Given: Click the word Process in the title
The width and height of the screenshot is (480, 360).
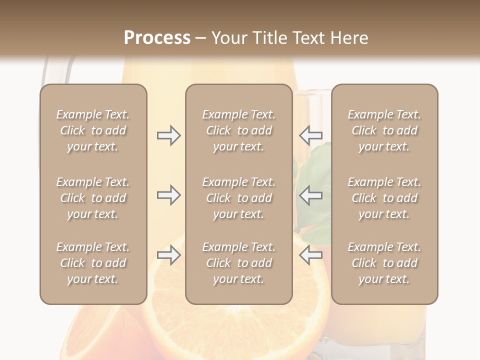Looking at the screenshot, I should pos(157,38).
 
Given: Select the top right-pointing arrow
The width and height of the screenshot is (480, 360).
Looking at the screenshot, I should pos(168,135).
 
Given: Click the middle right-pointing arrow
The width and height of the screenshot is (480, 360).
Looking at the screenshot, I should pos(168,195).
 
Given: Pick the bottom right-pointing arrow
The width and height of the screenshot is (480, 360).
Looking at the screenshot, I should pos(168,255).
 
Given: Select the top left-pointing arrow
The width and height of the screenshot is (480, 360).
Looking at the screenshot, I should pos(310,135).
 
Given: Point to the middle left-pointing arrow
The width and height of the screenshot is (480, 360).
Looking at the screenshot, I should pos(310,195).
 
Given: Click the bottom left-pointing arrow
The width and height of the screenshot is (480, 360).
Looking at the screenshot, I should pos(310,255).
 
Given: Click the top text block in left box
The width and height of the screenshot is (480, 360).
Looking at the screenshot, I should pos(93,130).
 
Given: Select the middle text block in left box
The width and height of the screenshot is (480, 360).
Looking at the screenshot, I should pos(93,198).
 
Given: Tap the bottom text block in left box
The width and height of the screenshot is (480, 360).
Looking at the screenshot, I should pos(93,263).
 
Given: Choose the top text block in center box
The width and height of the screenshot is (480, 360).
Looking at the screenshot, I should pos(238,130).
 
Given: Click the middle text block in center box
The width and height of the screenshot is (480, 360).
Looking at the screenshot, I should pos(238,198).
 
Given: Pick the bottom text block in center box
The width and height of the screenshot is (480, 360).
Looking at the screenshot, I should pos(238,263).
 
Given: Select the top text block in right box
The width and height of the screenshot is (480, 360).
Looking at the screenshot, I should pos(384,130).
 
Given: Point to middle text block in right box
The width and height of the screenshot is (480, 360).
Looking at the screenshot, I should pos(384,198).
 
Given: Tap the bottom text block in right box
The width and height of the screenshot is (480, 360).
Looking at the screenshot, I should pos(384,263).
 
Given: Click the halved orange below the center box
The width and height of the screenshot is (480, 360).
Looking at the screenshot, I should pos(235,325).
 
